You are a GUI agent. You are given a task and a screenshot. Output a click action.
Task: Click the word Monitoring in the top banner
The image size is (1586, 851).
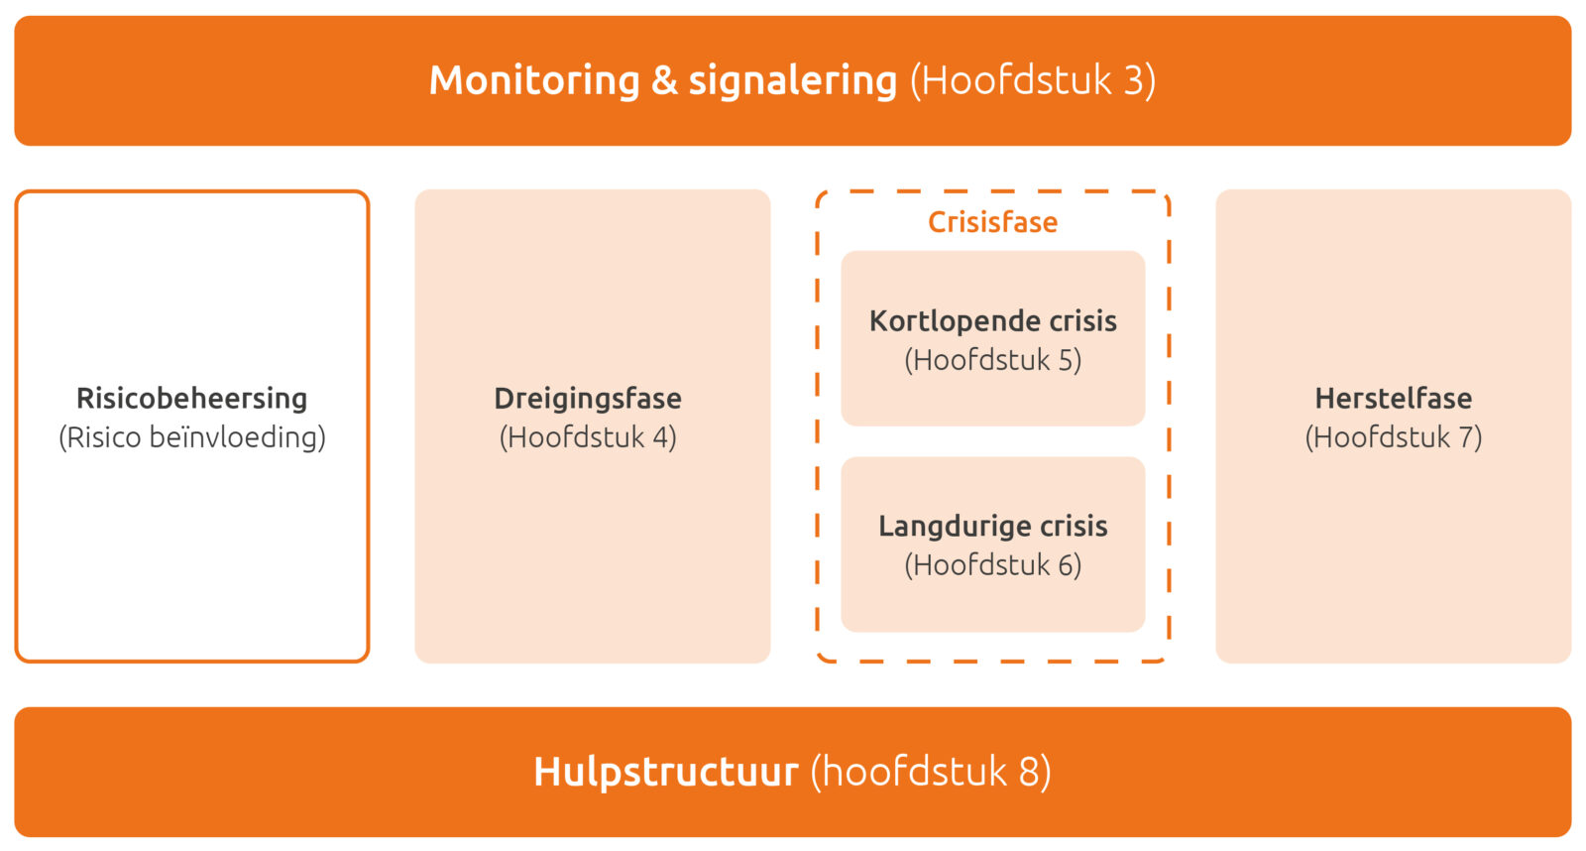pos(534,80)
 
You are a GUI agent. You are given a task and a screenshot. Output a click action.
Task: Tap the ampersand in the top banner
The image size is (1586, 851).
pos(664,80)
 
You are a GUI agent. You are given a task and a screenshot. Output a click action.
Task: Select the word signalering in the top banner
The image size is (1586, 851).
pos(793,81)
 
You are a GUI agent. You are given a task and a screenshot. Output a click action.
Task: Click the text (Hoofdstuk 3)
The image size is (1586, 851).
pos(1033,80)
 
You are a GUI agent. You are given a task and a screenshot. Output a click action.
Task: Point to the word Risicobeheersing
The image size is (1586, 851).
pos(192,398)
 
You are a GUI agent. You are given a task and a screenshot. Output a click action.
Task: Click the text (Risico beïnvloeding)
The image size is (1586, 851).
pos(192,437)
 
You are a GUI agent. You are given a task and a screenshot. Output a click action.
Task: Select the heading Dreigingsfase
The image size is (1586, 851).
pos(588,399)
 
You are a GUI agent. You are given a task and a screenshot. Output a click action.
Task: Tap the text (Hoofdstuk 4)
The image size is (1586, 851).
pos(588,437)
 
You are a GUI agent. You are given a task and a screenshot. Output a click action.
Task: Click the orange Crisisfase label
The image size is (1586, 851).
pos(992,222)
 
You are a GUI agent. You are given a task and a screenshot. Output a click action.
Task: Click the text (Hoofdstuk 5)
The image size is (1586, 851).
pos(992,360)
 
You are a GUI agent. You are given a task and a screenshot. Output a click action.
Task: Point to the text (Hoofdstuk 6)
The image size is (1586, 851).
pos(992,564)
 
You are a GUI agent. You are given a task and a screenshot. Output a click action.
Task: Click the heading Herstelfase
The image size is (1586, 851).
pos(1394,398)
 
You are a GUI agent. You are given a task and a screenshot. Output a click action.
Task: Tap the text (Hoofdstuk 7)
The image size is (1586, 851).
pos(1394,437)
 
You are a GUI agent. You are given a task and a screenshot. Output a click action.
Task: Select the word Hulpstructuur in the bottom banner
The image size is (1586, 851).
pos(665,773)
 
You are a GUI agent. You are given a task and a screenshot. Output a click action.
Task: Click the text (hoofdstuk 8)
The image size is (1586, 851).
pos(931,771)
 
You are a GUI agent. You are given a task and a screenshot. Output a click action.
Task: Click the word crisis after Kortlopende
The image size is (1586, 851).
pos(1082,321)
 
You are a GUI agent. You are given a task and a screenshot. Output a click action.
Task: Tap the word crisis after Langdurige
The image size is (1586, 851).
pos(1074,527)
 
